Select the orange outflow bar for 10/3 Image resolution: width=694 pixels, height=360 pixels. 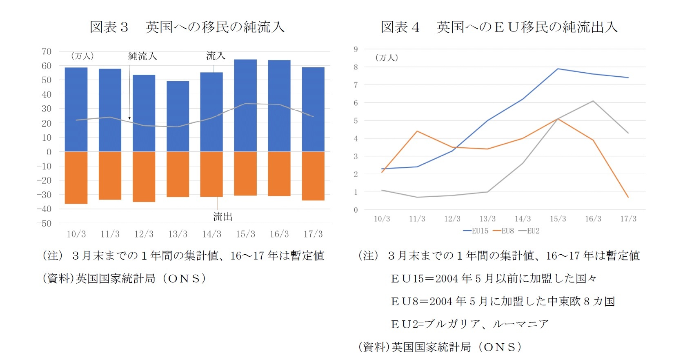76,178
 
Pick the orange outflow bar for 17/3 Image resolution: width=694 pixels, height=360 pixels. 313,176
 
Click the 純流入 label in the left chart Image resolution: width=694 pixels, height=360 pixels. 142,56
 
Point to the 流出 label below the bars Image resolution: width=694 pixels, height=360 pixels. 222,217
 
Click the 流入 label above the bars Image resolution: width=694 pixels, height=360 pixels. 216,55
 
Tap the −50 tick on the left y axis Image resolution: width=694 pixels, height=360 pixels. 44,223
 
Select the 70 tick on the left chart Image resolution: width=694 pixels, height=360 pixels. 47,51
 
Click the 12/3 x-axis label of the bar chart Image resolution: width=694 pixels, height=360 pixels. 144,234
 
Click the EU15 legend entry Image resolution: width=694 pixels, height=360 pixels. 476,231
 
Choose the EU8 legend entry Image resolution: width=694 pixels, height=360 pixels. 504,231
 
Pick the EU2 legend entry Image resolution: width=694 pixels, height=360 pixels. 529,231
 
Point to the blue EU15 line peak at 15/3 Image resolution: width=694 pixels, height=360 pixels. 558,69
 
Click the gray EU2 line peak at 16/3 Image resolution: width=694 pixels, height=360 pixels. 593,101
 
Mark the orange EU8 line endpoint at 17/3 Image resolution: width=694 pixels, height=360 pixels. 628,197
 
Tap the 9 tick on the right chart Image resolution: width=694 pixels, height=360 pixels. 356,49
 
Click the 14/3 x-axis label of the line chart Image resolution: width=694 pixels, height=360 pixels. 523,219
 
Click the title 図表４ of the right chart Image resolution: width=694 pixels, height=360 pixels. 400,27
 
